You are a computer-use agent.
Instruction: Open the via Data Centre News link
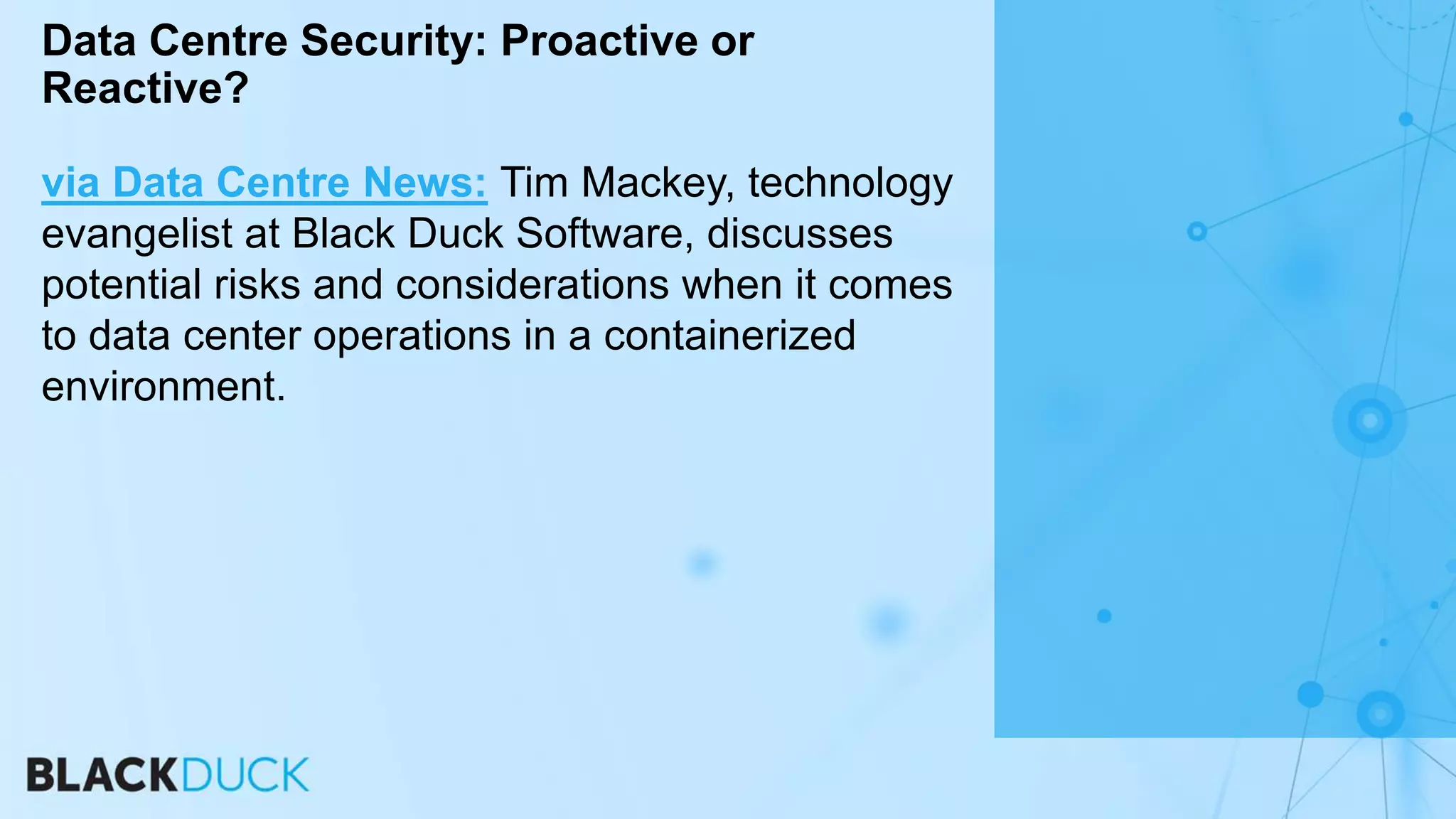264,183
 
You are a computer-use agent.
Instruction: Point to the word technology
850,184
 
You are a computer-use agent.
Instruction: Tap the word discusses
800,234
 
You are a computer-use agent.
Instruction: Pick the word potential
122,285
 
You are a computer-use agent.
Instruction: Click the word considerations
532,285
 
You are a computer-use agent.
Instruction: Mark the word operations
412,336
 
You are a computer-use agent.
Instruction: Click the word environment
163,387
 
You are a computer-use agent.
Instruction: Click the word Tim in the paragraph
534,183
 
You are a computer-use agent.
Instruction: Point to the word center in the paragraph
242,336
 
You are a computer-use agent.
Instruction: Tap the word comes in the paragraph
890,285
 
